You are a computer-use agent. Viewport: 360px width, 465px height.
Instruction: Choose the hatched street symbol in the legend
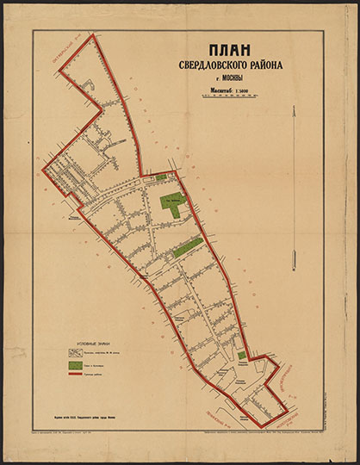tap(76, 352)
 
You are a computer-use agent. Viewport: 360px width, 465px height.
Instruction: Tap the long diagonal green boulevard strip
tap(187, 249)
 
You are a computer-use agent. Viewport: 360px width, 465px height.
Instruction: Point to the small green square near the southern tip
tap(242, 355)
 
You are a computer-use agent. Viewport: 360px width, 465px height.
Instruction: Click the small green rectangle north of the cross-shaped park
tap(161, 177)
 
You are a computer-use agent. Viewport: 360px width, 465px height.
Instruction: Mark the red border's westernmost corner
tap(44, 170)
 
